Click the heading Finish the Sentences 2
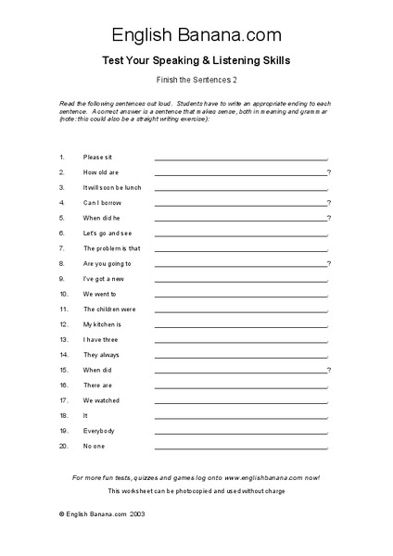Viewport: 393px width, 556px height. pos(196,81)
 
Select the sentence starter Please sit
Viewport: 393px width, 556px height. pos(97,158)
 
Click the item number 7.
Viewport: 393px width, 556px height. pos(61,248)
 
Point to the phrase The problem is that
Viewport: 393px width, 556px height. pos(111,248)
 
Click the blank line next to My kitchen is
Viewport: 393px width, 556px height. pos(240,326)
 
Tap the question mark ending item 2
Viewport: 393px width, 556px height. pos(329,172)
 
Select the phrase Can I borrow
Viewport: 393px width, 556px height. pos(102,203)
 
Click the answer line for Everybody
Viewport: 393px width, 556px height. pos(240,433)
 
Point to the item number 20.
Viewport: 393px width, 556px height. pos(63,447)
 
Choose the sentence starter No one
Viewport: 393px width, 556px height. pos(95,447)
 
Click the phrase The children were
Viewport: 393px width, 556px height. pos(109,310)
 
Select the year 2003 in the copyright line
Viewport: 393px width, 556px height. pos(136,512)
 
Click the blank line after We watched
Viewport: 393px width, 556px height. pos(240,402)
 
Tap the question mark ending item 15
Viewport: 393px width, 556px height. pos(329,370)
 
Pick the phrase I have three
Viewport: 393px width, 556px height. pos(102,339)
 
